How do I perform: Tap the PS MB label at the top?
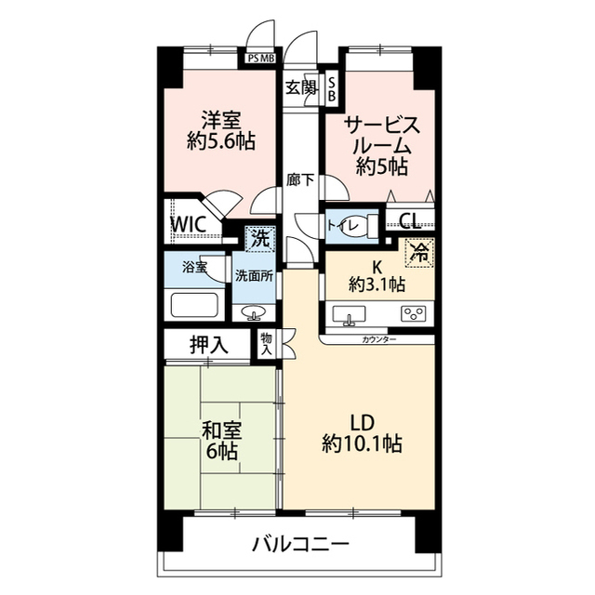[x=261, y=58]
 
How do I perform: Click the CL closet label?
[x=407, y=221]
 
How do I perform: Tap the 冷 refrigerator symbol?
[x=419, y=251]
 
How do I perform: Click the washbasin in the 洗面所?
[x=253, y=312]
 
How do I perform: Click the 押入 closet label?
[x=209, y=345]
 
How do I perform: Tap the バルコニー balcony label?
[x=300, y=543]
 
